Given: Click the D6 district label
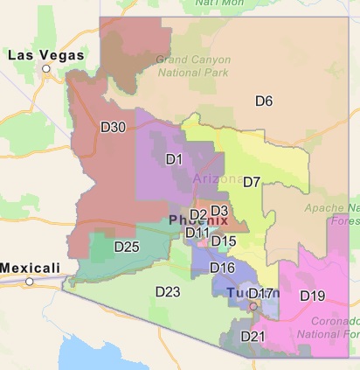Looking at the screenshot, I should pyautogui.click(x=264, y=101).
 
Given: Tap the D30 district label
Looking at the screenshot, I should pyautogui.click(x=114, y=128).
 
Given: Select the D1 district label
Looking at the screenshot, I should pyautogui.click(x=174, y=159).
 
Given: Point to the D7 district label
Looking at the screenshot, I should pyautogui.click(x=252, y=182).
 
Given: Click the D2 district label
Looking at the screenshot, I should pyautogui.click(x=197, y=214).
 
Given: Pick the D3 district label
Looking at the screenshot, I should pyautogui.click(x=219, y=211).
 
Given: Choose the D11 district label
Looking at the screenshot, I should pyautogui.click(x=197, y=233).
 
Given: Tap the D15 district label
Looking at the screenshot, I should pyautogui.click(x=224, y=241).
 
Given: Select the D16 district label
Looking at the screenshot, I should pyautogui.click(x=222, y=268).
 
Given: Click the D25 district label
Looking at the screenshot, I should pyautogui.click(x=127, y=247).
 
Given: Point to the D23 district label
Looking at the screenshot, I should pyautogui.click(x=168, y=290).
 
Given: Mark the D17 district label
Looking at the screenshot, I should pyautogui.click(x=262, y=293).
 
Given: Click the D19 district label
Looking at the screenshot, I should pyautogui.click(x=313, y=296).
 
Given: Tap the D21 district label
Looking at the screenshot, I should pyautogui.click(x=252, y=336).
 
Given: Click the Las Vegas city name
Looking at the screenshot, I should pyautogui.click(x=45, y=55).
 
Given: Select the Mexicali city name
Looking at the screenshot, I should pyautogui.click(x=30, y=267).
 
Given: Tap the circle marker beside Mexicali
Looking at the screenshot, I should pyautogui.click(x=29, y=281).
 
